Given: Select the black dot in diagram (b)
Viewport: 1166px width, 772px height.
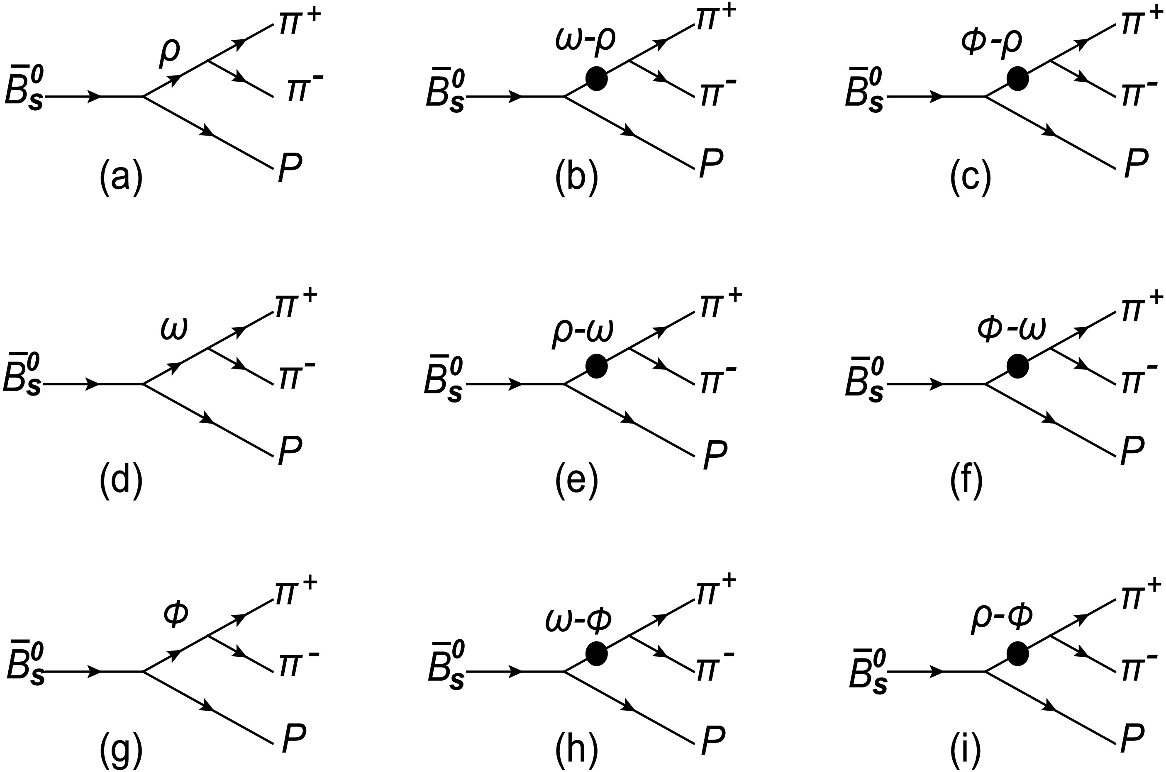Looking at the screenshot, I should click(x=596, y=79).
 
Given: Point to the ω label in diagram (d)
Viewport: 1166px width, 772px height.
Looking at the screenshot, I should click(x=174, y=330).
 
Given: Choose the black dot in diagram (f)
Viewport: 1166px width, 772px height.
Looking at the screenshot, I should click(x=1017, y=366).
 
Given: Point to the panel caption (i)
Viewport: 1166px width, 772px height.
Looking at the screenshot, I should click(x=966, y=751).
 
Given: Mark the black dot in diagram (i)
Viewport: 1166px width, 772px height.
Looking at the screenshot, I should click(x=1017, y=653).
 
